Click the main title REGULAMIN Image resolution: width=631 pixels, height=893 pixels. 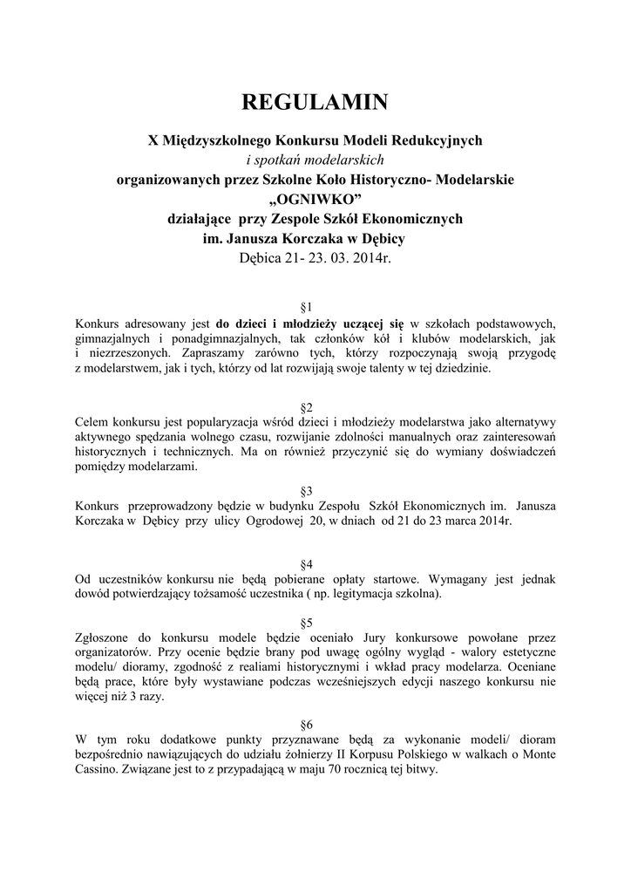pos(315,103)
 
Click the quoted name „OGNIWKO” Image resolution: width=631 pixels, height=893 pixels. pos(315,199)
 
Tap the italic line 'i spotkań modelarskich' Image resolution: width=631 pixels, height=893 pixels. pos(315,160)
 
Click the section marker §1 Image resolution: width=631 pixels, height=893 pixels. pos(307,307)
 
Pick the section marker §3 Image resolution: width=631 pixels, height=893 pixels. pos(307,491)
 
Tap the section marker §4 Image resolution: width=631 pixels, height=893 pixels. pos(307,564)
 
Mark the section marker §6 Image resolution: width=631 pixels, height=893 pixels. pos(307,725)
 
